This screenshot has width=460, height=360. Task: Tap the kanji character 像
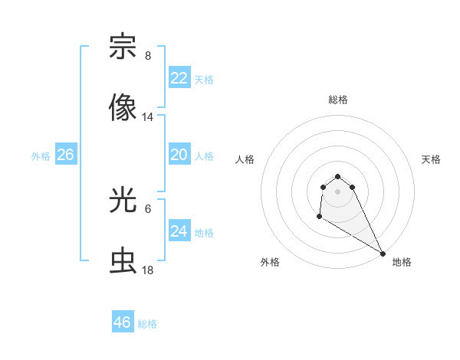coord(123,108)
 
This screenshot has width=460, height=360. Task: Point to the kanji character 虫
coord(123,261)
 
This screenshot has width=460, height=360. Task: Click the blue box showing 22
coord(179,78)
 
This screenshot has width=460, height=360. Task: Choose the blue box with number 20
coord(179,155)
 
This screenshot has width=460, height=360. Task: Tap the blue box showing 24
coord(179,231)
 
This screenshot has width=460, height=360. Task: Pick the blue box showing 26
coord(65,155)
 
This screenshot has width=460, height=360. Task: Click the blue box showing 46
coord(123,322)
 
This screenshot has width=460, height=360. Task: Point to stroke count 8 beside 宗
coord(148,56)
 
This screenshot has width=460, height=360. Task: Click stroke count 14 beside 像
coord(148,117)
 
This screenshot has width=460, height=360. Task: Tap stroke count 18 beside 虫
coord(148,270)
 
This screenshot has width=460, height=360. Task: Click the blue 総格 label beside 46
coord(147,324)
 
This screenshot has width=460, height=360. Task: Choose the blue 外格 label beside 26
coord(41,156)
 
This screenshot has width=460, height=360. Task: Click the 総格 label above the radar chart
coord(338,100)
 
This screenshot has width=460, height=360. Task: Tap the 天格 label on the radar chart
coord(432,159)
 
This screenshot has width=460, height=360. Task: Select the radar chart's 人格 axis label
coord(245,159)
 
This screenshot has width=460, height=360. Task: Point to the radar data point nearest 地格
coord(383,254)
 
